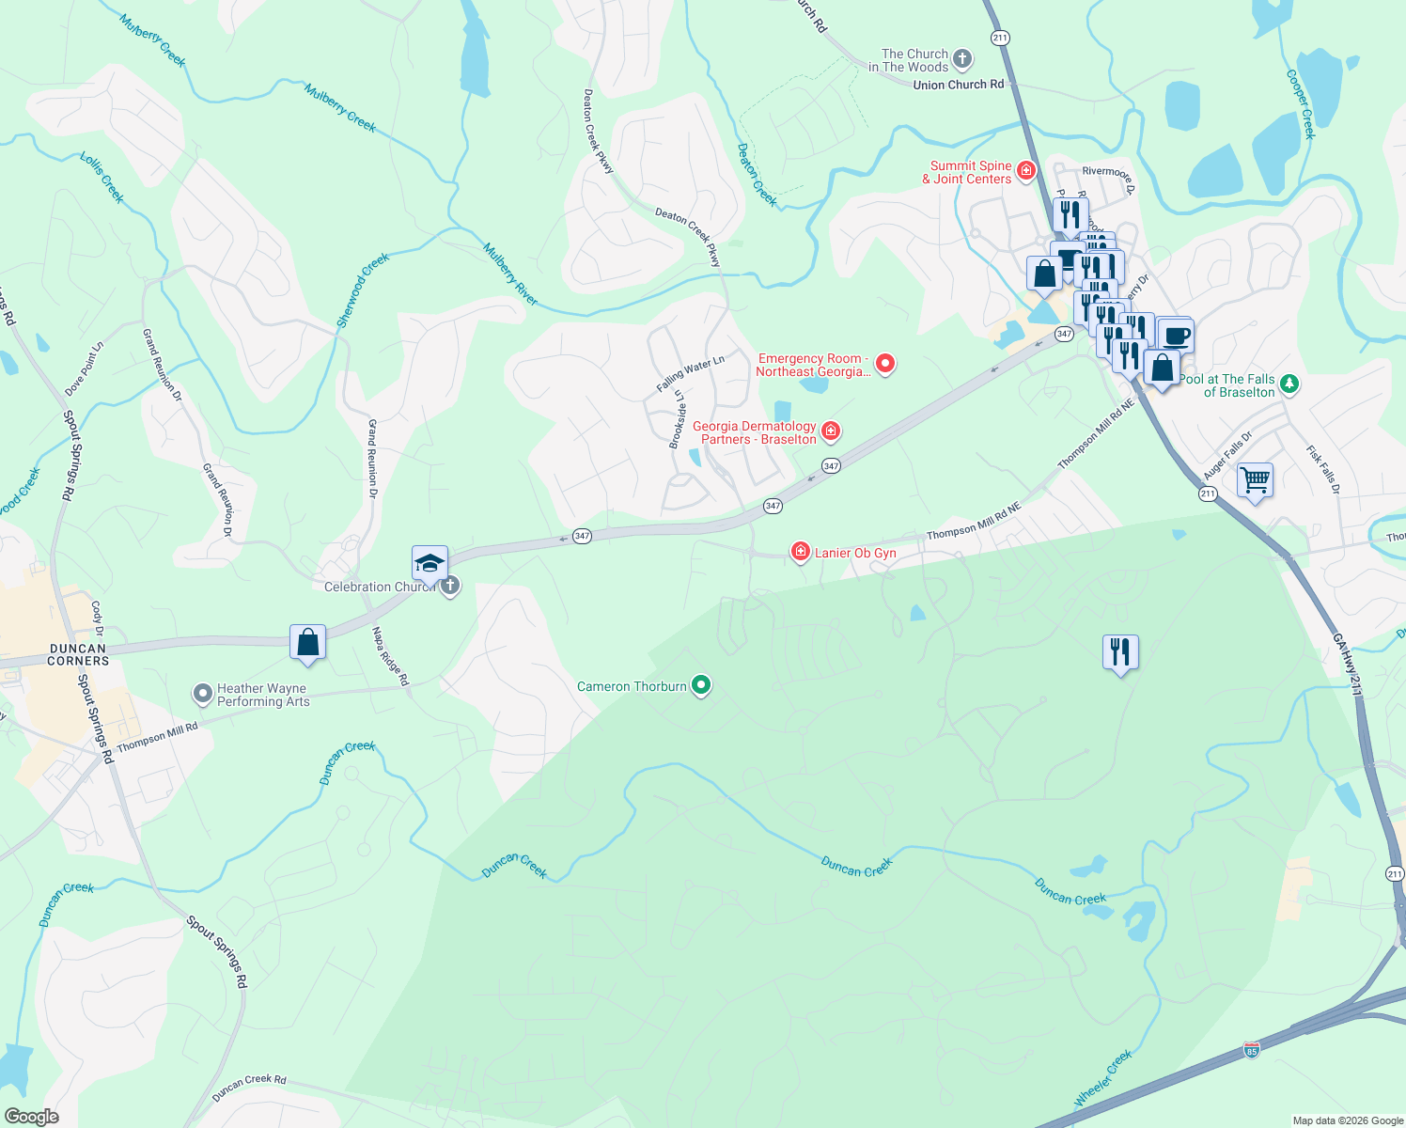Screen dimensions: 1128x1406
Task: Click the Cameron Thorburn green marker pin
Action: (x=700, y=685)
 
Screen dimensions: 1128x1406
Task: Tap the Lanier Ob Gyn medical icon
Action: (x=801, y=552)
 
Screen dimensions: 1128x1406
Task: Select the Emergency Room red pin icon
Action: (x=884, y=363)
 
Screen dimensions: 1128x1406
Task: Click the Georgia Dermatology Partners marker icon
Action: (x=831, y=431)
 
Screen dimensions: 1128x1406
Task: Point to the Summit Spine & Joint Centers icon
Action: (x=1026, y=171)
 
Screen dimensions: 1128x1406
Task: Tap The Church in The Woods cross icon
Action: (x=961, y=60)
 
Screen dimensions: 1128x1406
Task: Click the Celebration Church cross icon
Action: (x=450, y=587)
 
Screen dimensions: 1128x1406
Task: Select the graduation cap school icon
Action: (x=430, y=563)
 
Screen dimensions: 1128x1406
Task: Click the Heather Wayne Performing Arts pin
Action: (x=202, y=694)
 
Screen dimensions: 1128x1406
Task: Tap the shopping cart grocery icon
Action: (x=1256, y=480)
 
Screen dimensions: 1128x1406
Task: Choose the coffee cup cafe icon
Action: (x=1175, y=335)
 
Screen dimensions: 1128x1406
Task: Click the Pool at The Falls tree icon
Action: (x=1289, y=384)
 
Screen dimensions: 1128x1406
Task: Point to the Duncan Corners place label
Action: (x=78, y=654)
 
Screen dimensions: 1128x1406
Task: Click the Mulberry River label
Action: (x=510, y=274)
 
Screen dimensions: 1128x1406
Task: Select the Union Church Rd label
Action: (x=958, y=85)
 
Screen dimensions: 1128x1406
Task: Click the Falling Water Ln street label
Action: (x=690, y=374)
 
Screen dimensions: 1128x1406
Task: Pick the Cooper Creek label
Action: (x=1301, y=104)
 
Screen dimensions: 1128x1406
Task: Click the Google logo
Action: (x=31, y=1117)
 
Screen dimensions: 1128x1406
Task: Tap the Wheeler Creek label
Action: (x=1103, y=1078)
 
